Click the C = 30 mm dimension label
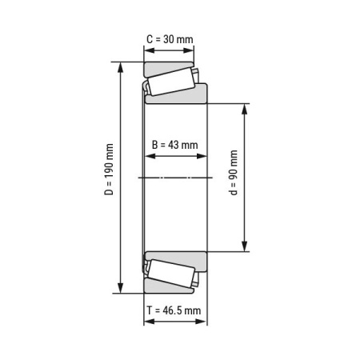click(169, 39)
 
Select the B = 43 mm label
click(174, 145)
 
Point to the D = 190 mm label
click(110, 177)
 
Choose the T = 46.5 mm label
click(175, 310)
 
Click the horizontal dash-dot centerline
click(175, 177)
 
